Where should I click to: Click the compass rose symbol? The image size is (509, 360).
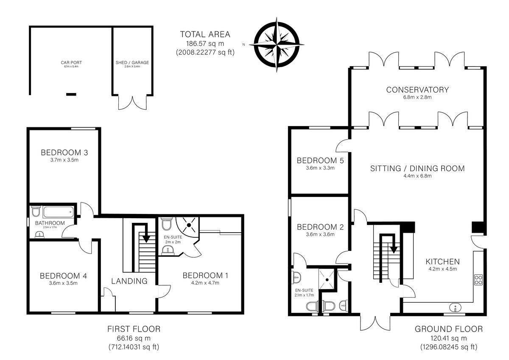(x=277, y=45)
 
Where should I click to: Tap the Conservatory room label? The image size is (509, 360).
(x=417, y=90)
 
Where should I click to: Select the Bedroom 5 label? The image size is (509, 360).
(x=320, y=160)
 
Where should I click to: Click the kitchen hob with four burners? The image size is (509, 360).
(x=478, y=280)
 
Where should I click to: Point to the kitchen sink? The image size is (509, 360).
(x=455, y=308)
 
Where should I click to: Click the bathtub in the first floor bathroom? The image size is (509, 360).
(x=59, y=212)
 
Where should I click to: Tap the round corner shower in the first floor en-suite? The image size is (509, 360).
(x=187, y=225)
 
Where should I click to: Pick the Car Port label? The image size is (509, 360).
(x=71, y=62)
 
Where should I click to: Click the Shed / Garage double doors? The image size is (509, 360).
(x=132, y=103)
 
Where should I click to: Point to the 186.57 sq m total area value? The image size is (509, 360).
(x=205, y=43)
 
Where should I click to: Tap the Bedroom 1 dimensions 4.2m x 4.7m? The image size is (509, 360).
(x=205, y=283)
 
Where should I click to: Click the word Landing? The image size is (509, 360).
(x=129, y=281)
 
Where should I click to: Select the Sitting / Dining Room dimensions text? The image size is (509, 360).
(x=417, y=176)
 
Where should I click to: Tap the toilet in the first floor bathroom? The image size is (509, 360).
(x=36, y=211)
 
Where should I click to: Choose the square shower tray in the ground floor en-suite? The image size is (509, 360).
(x=327, y=279)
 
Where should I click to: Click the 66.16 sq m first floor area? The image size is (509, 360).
(x=134, y=338)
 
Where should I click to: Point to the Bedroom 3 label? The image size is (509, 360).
(x=64, y=152)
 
